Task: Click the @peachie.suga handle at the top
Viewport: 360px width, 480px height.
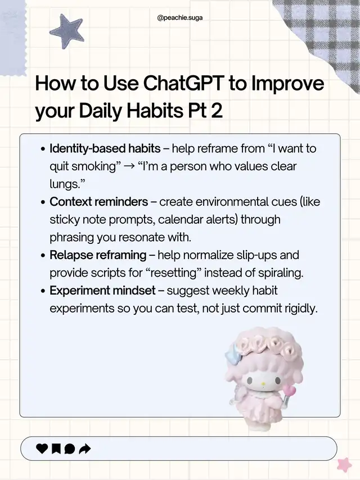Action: tap(180, 18)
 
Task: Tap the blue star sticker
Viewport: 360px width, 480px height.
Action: tap(67, 31)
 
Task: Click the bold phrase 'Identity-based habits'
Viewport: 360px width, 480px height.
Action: tap(105, 148)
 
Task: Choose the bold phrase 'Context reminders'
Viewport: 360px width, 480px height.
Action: tap(98, 202)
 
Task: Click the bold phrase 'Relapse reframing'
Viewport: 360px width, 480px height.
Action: tap(98, 255)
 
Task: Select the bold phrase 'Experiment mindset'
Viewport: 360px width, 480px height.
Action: tap(102, 291)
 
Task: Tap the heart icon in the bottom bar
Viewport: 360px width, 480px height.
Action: tap(42, 449)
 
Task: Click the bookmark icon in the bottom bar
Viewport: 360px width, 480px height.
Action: tap(56, 449)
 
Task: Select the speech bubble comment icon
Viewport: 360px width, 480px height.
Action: tap(70, 449)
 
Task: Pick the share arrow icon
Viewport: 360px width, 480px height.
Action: tap(85, 449)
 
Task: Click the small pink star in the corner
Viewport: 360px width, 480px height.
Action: tap(345, 464)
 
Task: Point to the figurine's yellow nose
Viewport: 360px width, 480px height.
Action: tap(262, 383)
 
